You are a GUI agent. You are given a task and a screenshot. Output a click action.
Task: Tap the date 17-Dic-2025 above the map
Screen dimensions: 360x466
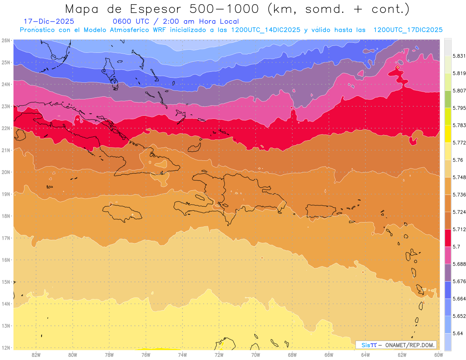point(49,21)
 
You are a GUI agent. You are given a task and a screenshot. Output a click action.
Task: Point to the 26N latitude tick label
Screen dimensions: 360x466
point(6,40)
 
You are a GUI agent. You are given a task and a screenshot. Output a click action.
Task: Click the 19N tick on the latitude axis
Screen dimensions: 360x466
point(6,194)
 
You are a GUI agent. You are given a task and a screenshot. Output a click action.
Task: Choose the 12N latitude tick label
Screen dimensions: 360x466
point(6,348)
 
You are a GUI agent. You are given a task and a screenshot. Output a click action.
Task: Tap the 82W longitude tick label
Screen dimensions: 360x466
point(36,355)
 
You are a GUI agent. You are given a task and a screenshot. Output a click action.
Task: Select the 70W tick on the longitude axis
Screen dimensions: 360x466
point(256,355)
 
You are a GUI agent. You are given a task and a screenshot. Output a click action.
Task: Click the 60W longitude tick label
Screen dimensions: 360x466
point(439,355)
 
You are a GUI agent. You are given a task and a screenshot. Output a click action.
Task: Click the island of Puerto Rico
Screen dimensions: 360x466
point(321,211)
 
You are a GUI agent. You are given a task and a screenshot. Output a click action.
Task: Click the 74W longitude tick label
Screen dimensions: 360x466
point(183,355)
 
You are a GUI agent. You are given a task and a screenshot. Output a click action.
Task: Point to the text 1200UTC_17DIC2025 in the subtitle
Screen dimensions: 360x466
point(408,30)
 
